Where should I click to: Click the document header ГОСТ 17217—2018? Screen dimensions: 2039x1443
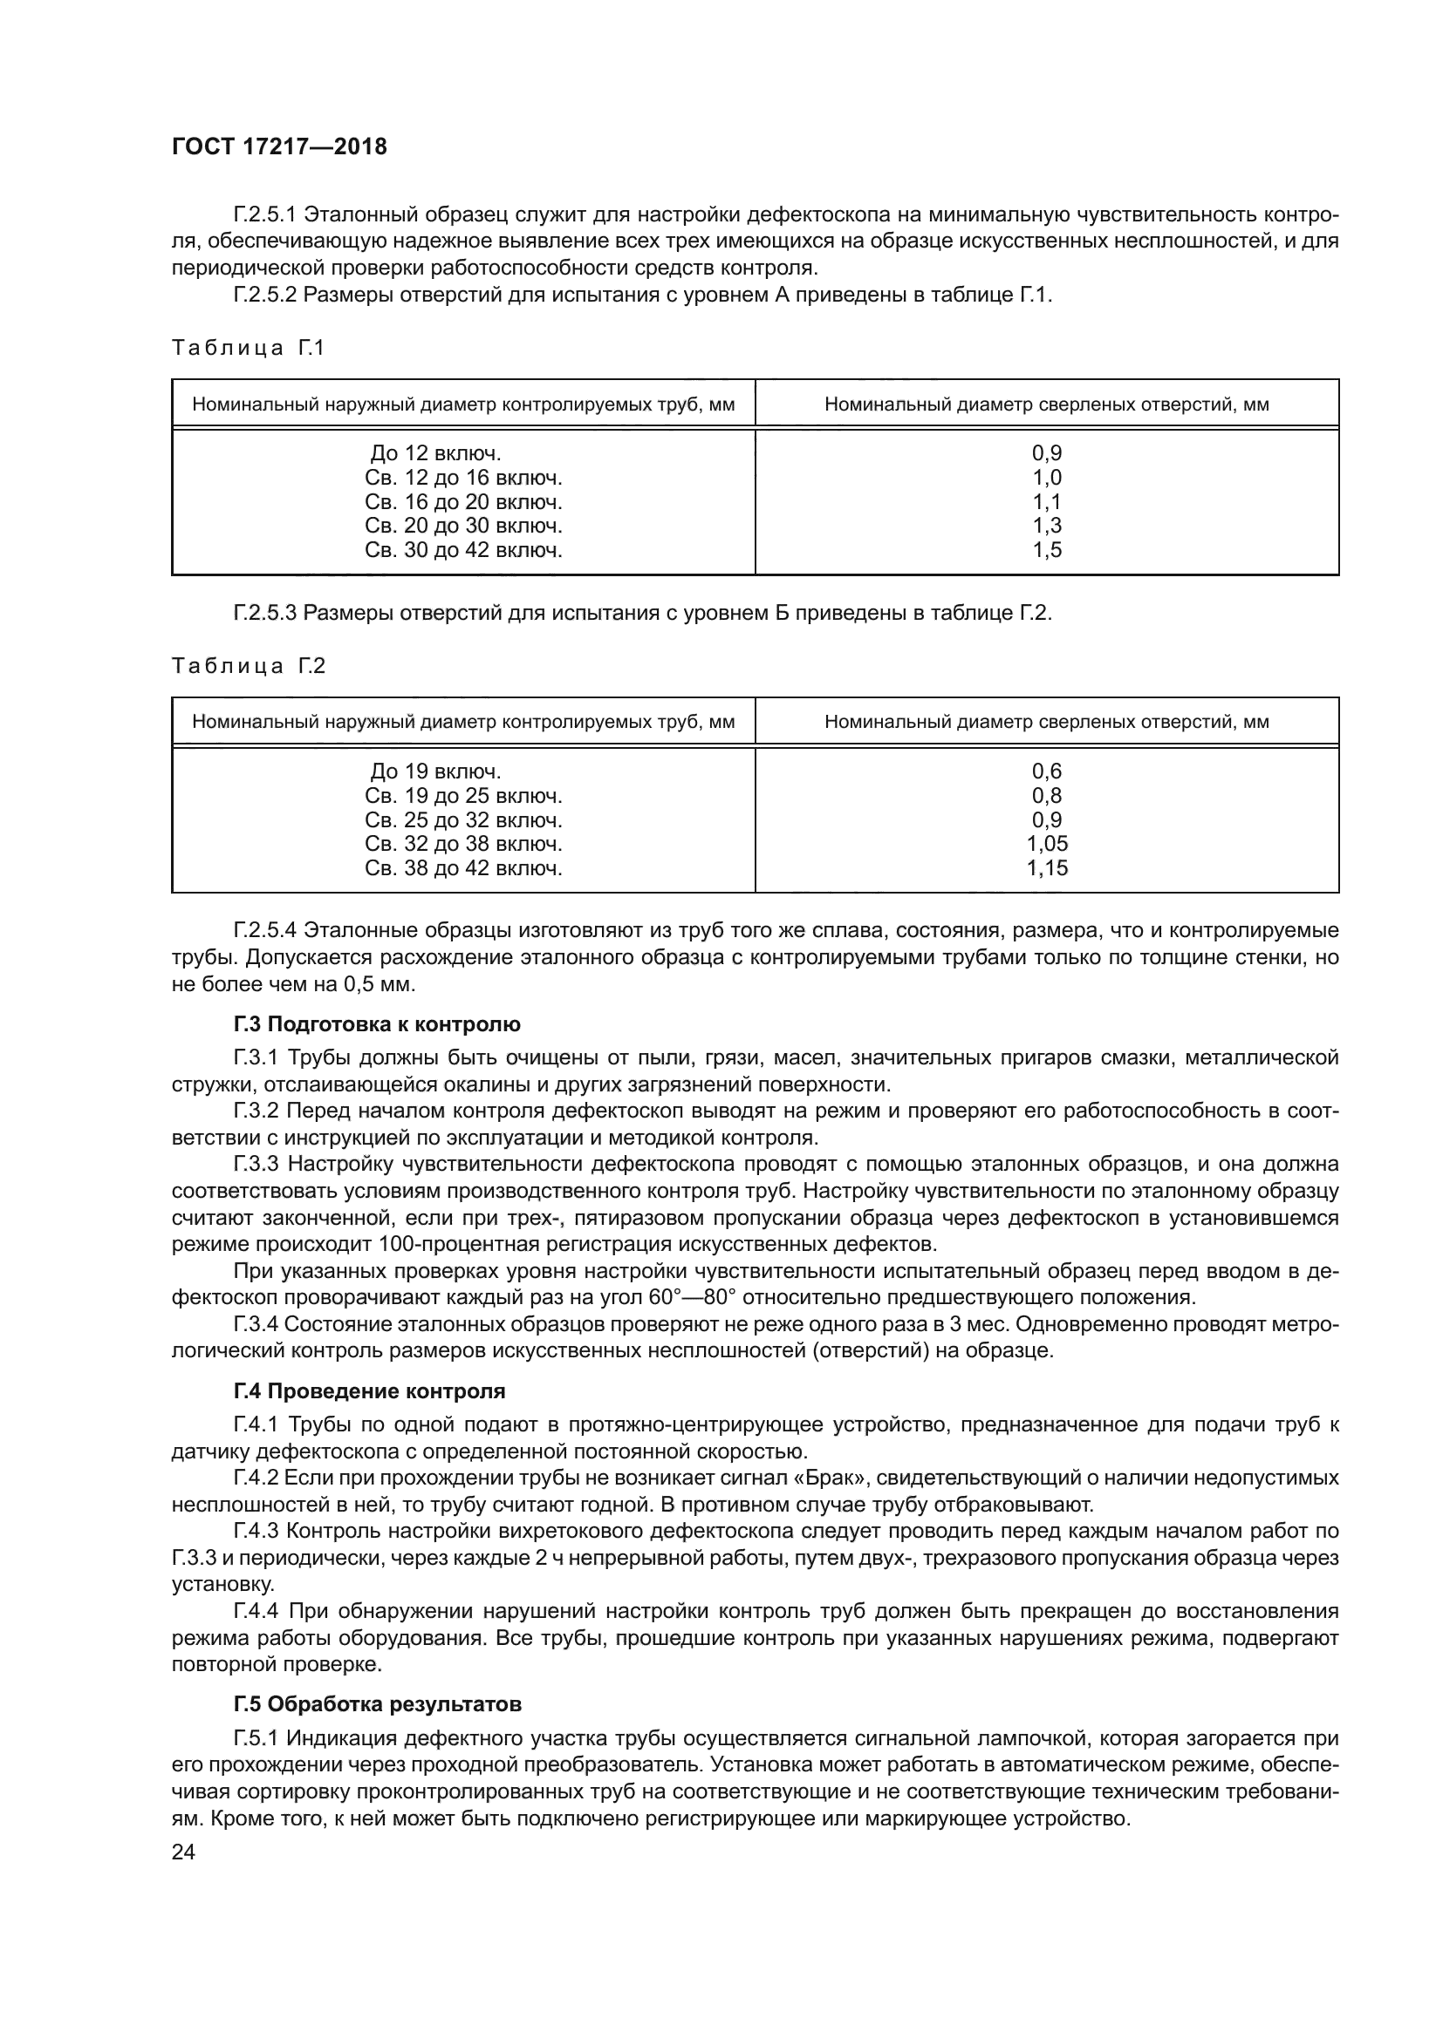279,146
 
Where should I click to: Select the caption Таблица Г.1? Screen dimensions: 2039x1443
248,348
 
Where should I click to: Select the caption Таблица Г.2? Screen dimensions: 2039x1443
248,666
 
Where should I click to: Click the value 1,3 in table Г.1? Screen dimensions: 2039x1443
1047,526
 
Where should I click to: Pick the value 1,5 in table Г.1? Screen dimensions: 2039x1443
1047,550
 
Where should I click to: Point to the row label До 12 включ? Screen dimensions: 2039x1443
435,454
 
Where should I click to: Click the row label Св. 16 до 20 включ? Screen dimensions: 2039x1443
463,502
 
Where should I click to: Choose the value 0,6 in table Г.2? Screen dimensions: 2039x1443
1047,771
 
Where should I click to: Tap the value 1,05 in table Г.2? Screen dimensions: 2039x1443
1047,844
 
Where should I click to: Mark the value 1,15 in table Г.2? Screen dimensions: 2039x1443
1047,867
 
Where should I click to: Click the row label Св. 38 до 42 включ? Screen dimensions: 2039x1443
463,867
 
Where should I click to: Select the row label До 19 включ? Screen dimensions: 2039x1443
435,771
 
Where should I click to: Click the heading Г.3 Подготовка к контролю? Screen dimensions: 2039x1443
377,1024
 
